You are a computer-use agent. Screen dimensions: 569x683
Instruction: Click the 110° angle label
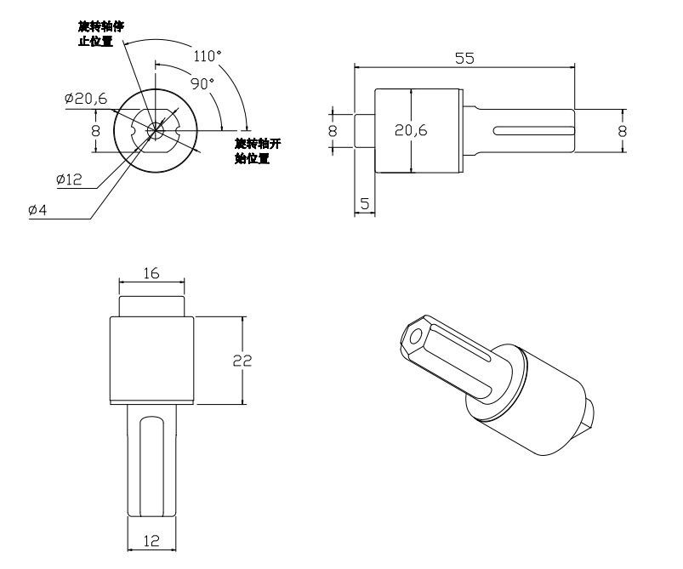(207, 57)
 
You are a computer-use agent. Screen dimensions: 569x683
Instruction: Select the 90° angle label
(202, 84)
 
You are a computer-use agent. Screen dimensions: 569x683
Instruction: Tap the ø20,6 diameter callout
(85, 99)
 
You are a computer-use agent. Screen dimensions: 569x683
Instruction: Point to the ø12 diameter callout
(68, 179)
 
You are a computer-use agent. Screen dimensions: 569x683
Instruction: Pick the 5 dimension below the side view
(365, 203)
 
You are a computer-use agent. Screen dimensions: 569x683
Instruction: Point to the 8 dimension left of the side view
(333, 131)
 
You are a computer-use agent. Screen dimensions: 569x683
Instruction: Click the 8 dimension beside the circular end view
(95, 131)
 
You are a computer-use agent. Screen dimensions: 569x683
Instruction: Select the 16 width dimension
(151, 274)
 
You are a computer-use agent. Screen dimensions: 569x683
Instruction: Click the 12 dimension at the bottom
(151, 539)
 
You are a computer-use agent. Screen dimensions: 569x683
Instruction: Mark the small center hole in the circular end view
(155, 130)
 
